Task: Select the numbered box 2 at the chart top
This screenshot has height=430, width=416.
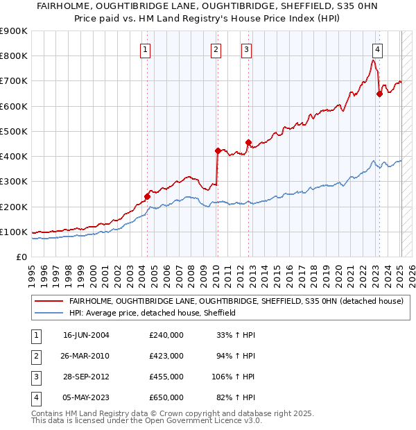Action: (x=216, y=49)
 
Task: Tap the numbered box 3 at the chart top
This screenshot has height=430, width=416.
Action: (x=247, y=49)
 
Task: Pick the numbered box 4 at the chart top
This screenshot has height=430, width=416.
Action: (x=377, y=49)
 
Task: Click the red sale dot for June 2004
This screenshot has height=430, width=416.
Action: (x=148, y=196)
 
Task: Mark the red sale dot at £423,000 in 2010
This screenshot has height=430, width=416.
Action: (x=218, y=150)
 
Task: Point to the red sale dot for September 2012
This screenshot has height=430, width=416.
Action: (x=248, y=142)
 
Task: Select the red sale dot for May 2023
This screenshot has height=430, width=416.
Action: (x=379, y=94)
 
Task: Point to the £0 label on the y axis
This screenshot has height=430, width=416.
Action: (x=21, y=257)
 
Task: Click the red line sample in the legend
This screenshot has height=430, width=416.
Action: (x=49, y=302)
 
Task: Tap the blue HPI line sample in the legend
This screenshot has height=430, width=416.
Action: (x=49, y=313)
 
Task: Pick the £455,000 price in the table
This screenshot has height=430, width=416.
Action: (x=166, y=377)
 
